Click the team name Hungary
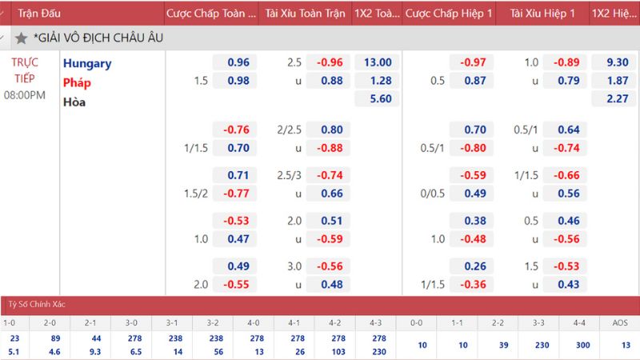[x=87, y=63]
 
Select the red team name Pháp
[x=78, y=82]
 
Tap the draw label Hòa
[x=74, y=102]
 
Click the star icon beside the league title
[x=21, y=38]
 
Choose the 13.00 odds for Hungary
[x=377, y=62]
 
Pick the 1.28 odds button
[x=377, y=81]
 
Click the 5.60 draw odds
[x=377, y=99]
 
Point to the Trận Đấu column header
[x=39, y=14]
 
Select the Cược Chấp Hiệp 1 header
[x=448, y=14]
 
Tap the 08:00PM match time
[x=25, y=95]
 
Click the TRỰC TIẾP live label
[x=26, y=70]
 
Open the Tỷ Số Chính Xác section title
[x=37, y=306]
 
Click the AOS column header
[x=619, y=323]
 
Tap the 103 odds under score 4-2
[x=335, y=351]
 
